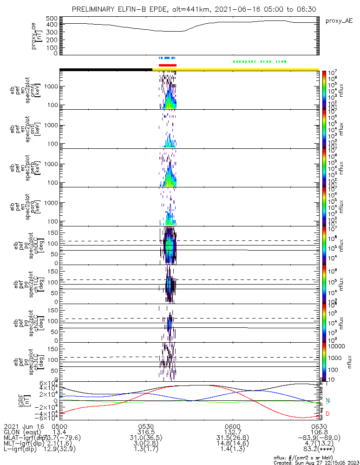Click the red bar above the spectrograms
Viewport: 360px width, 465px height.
[x=168, y=65]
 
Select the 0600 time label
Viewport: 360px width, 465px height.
[x=232, y=426]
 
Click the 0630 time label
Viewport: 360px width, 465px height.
[x=318, y=426]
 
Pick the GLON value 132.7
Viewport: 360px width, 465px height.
[x=232, y=432]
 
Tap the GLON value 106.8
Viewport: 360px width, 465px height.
[x=318, y=432]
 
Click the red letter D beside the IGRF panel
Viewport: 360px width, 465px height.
[x=328, y=413]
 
